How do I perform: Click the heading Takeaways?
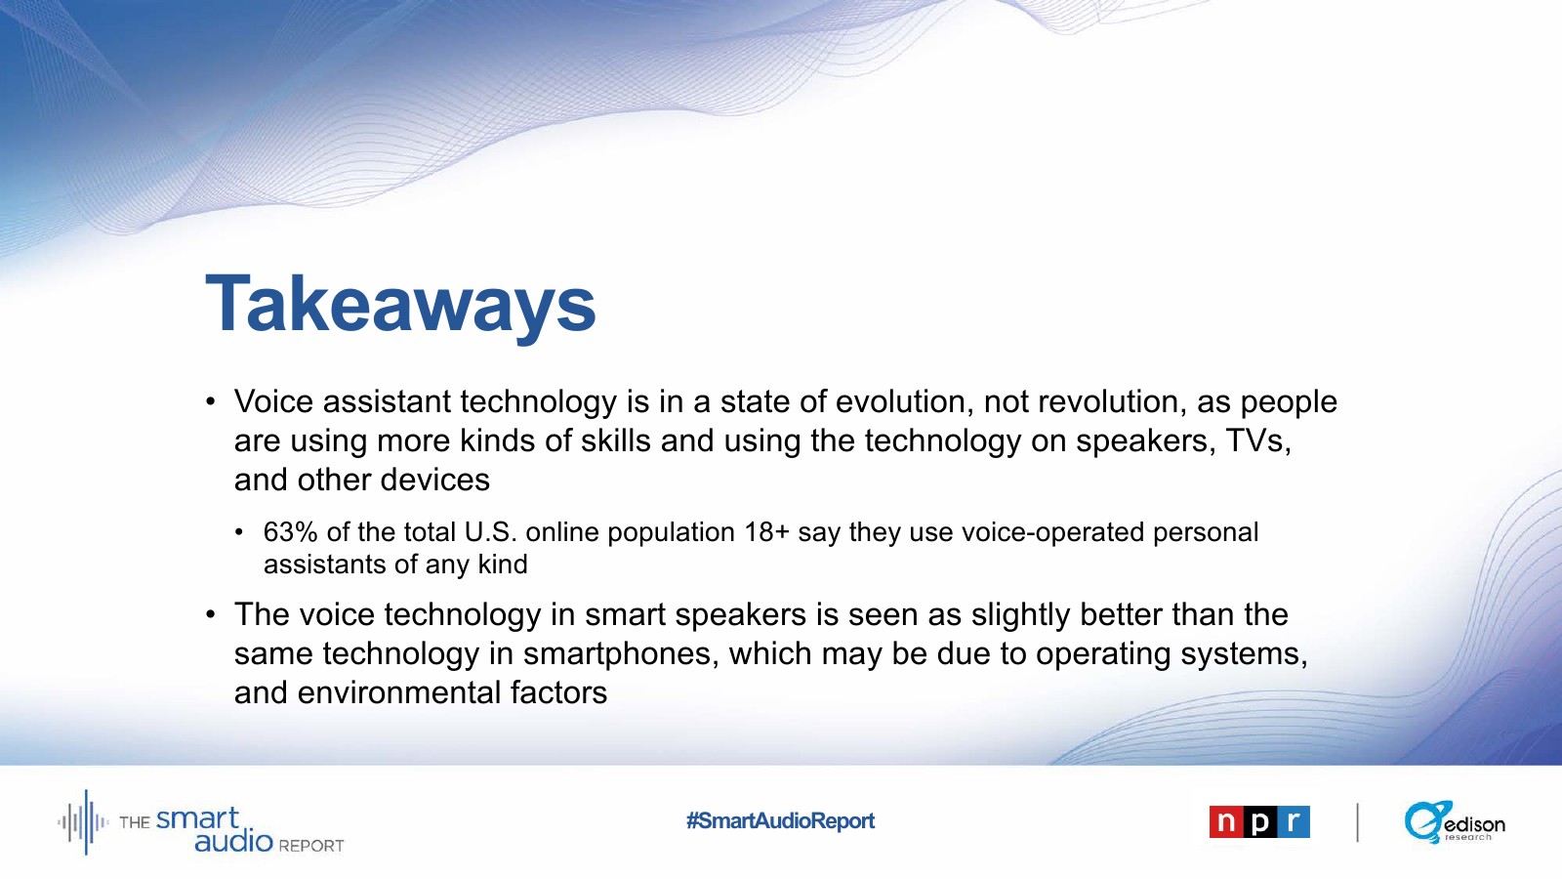[x=401, y=305]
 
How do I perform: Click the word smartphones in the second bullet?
[x=621, y=654]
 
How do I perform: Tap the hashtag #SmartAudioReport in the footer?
[x=780, y=820]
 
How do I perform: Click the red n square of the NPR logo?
[x=1226, y=821]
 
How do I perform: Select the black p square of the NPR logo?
[x=1259, y=821]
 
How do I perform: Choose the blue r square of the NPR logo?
[x=1293, y=821]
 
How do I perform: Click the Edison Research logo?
[x=1455, y=821]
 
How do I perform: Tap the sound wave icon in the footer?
[x=83, y=822]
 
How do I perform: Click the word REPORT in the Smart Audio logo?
[x=311, y=846]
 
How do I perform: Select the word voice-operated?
[x=1053, y=533]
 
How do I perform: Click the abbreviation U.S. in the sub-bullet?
[x=491, y=532]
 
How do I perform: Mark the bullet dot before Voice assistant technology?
[x=211, y=401]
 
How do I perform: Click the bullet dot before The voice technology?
[x=211, y=614]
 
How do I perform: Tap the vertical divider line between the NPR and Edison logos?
[x=1358, y=822]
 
